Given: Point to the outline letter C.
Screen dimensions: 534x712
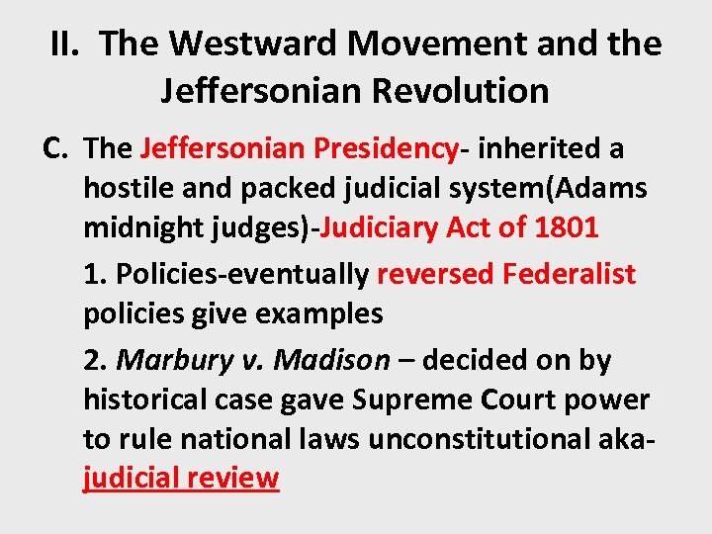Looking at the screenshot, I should [x=54, y=148].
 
